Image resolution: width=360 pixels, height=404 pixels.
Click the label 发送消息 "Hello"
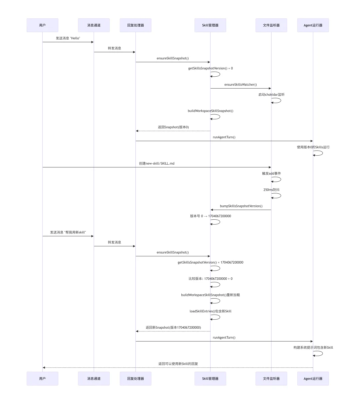click(68, 38)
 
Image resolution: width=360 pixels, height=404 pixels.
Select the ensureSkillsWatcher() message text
click(240, 85)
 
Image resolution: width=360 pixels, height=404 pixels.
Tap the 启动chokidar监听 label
click(271, 95)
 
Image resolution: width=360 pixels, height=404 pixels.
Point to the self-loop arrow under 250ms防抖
click(277, 196)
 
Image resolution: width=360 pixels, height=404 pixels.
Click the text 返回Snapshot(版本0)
click(173, 127)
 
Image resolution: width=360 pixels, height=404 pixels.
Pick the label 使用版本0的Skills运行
click(313, 147)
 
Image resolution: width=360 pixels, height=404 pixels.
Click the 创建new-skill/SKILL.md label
click(157, 164)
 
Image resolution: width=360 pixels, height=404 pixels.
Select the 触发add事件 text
click(271, 173)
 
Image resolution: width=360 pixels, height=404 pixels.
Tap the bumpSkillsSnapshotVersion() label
click(241, 206)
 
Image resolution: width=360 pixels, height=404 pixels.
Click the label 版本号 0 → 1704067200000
click(210, 216)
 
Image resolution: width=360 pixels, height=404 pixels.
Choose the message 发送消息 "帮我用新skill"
click(68, 232)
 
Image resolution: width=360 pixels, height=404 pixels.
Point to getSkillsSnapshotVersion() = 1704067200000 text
click(210, 262)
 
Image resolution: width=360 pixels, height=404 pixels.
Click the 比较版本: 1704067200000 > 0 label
click(210, 279)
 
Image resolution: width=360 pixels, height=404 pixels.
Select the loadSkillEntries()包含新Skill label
click(210, 311)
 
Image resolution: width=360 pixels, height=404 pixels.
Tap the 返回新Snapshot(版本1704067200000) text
click(173, 328)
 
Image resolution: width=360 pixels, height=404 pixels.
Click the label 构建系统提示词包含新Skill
click(313, 347)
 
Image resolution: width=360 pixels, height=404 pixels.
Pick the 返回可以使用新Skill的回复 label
click(178, 364)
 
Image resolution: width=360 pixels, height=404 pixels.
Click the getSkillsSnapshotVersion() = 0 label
click(210, 68)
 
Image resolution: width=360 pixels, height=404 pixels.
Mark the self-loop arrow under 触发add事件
click(277, 179)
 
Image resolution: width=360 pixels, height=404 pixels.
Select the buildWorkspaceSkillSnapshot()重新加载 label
click(210, 295)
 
